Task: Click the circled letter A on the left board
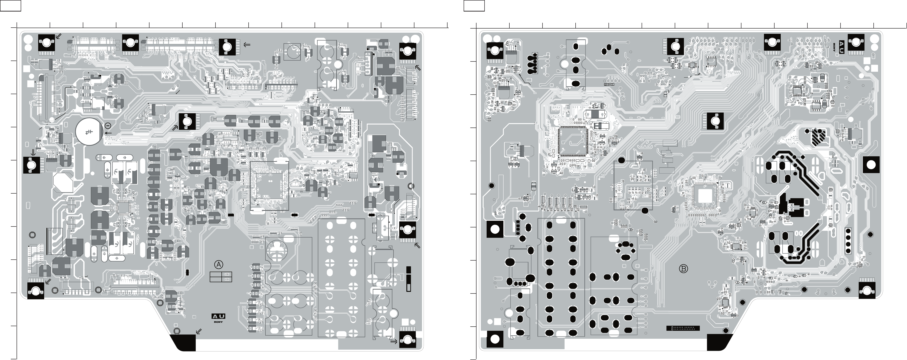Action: pyautogui.click(x=219, y=264)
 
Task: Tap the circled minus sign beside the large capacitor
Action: pyautogui.click(x=108, y=126)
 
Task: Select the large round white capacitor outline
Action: pyautogui.click(x=89, y=132)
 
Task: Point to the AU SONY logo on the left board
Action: pyautogui.click(x=218, y=318)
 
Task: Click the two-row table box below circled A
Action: pyautogui.click(x=220, y=277)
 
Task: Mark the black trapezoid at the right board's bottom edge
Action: pyautogui.click(x=720, y=342)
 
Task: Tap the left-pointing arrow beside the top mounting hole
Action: pyautogui.click(x=247, y=45)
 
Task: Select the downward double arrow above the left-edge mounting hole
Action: pyautogui.click(x=33, y=152)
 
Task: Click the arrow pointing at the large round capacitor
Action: pyautogui.click(x=109, y=133)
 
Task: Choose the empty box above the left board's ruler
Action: pyautogui.click(x=11, y=5)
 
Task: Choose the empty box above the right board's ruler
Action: pyautogui.click(x=474, y=5)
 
